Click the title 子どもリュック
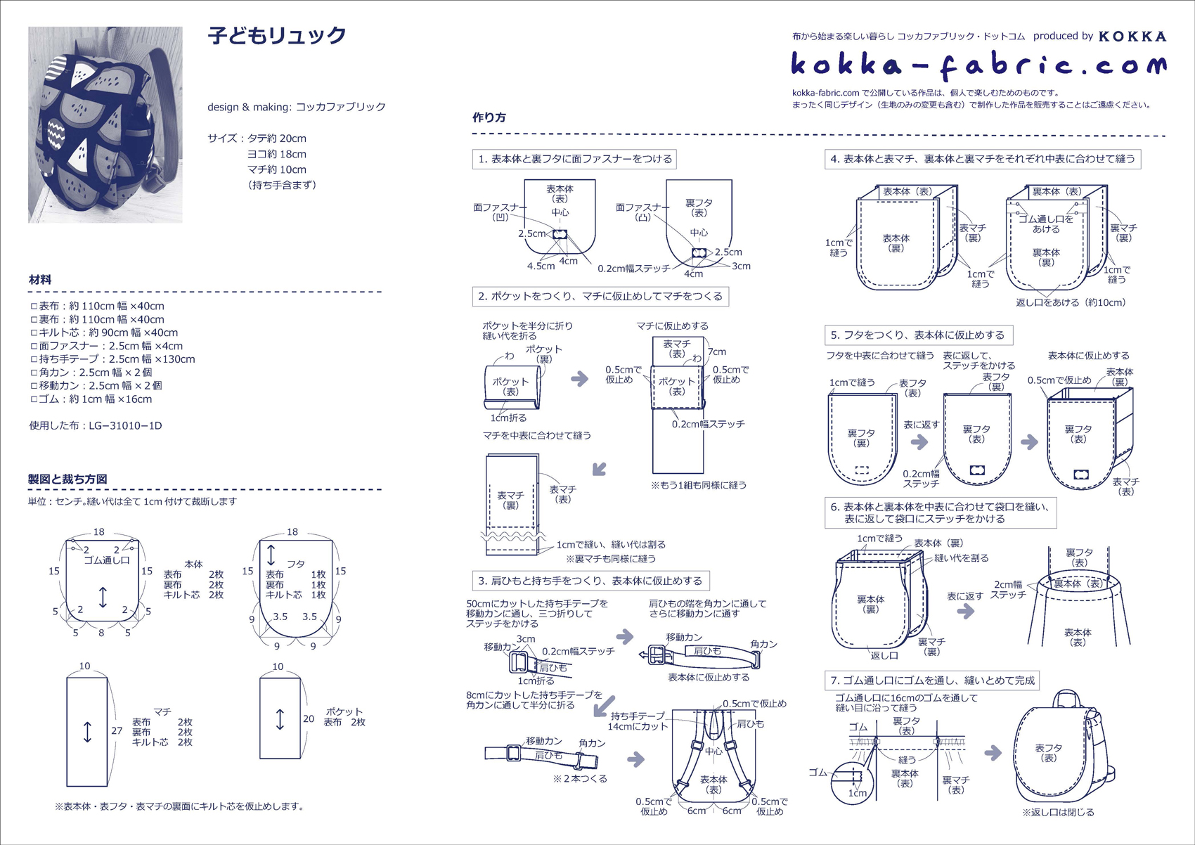tap(277, 35)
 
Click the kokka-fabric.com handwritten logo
tap(978, 65)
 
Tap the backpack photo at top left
tap(105, 125)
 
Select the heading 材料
tap(40, 280)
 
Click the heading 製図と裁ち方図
tap(67, 479)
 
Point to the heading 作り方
tap(489, 117)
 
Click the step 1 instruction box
tap(575, 159)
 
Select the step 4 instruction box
tap(983, 159)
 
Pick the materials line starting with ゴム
tap(91, 399)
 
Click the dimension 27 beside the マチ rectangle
tap(117, 731)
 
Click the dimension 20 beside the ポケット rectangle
tap(309, 719)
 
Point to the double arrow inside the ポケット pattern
tap(280, 719)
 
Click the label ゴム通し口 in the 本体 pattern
tap(107, 560)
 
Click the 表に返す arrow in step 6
tap(966, 610)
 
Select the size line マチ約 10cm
tap(276, 169)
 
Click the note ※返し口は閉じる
tap(1058, 813)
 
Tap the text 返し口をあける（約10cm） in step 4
tap(1071, 302)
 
